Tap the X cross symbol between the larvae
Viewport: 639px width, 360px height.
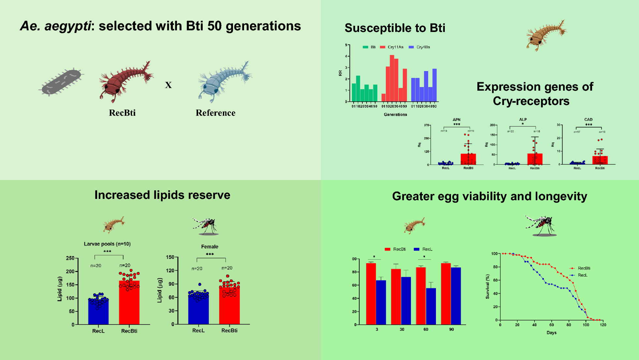pos(168,85)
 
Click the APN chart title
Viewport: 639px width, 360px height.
pos(457,120)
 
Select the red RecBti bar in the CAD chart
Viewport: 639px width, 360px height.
pos(600,160)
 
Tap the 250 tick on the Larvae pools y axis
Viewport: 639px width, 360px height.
pos(70,258)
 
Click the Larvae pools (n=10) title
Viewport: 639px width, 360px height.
pos(107,244)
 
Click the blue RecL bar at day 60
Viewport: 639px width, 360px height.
pos(431,306)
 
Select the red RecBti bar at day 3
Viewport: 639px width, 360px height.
pos(371,293)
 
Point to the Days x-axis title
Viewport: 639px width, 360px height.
pos(551,333)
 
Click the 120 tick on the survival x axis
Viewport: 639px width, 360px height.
pos(603,325)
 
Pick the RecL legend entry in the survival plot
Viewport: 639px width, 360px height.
pos(582,275)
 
